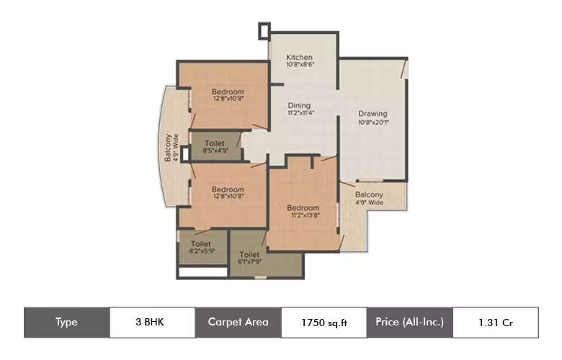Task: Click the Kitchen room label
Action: coord(298,57)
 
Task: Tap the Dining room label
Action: coord(299,105)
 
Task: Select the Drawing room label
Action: coord(373,113)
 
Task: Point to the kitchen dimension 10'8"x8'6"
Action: coord(299,66)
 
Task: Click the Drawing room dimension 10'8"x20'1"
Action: coord(373,122)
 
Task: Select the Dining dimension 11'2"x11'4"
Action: coord(299,114)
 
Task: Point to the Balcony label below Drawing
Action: coord(368,194)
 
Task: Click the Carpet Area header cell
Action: coord(238,322)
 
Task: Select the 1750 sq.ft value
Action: coord(324,323)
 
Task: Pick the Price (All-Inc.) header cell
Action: coord(409,322)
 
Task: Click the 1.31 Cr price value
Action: coord(495,323)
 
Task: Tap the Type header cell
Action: coord(66,322)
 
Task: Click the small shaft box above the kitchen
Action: coord(264,31)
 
